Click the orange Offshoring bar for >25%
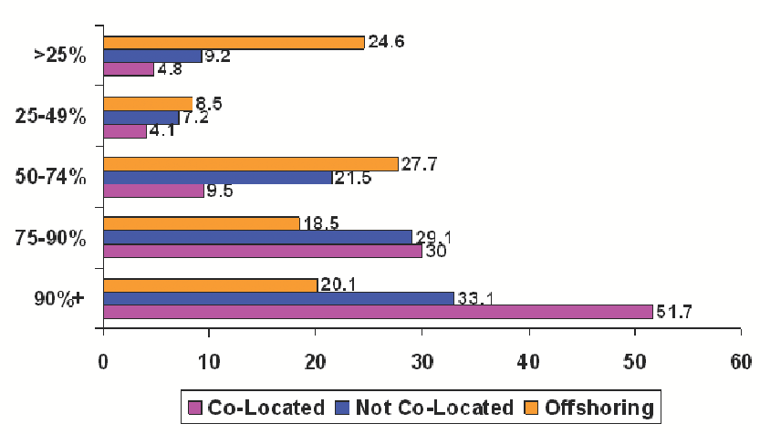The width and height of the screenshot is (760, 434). coord(234,43)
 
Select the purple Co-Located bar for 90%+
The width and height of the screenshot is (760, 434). coord(378,312)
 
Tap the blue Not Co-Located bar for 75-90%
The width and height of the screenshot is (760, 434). coord(257,237)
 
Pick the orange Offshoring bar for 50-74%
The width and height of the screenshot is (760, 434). coord(251,163)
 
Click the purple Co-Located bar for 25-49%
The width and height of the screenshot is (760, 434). coord(125,130)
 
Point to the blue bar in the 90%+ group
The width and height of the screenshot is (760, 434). coord(279,298)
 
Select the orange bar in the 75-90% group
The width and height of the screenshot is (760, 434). coord(202,223)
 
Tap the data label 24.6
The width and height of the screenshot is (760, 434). coord(386,41)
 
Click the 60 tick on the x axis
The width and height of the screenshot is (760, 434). coord(741,360)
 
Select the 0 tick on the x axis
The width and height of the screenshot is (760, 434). coord(104,360)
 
